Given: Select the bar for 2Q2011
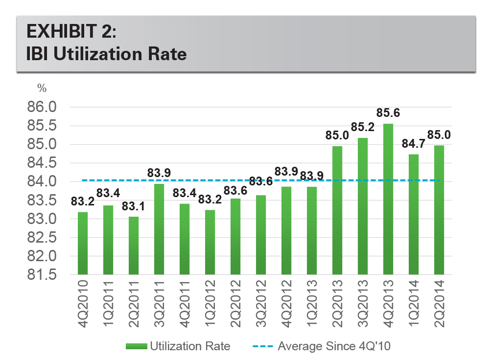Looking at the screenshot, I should pos(134,246).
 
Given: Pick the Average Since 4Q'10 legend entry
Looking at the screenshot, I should pos(323,346).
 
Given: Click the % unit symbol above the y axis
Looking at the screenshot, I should pos(42,89).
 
